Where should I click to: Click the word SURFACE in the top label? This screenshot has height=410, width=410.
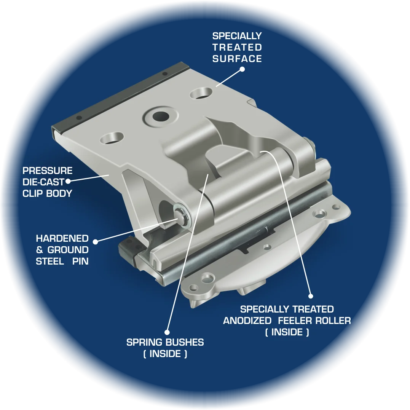tap(237, 59)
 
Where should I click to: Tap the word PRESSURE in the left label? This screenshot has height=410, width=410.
tap(47, 171)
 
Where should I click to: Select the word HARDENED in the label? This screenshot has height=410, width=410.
tap(62, 238)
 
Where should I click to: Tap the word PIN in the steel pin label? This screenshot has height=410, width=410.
tap(80, 261)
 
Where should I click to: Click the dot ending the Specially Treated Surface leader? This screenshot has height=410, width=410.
tap(242, 69)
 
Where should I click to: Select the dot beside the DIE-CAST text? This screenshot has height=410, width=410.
tap(68, 181)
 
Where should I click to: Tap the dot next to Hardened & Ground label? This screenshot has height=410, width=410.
tap(96, 242)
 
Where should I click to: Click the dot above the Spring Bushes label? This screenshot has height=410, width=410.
tap(167, 332)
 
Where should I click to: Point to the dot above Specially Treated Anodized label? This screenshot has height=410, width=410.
tap(311, 296)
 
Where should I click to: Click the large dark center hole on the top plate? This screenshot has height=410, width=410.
tap(161, 116)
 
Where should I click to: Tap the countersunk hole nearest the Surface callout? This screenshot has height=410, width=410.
tap(201, 93)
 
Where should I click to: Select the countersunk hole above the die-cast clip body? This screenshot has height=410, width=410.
tap(112, 138)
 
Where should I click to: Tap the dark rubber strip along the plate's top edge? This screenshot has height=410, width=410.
tap(120, 96)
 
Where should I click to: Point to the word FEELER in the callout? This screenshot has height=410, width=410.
tap(295, 321)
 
